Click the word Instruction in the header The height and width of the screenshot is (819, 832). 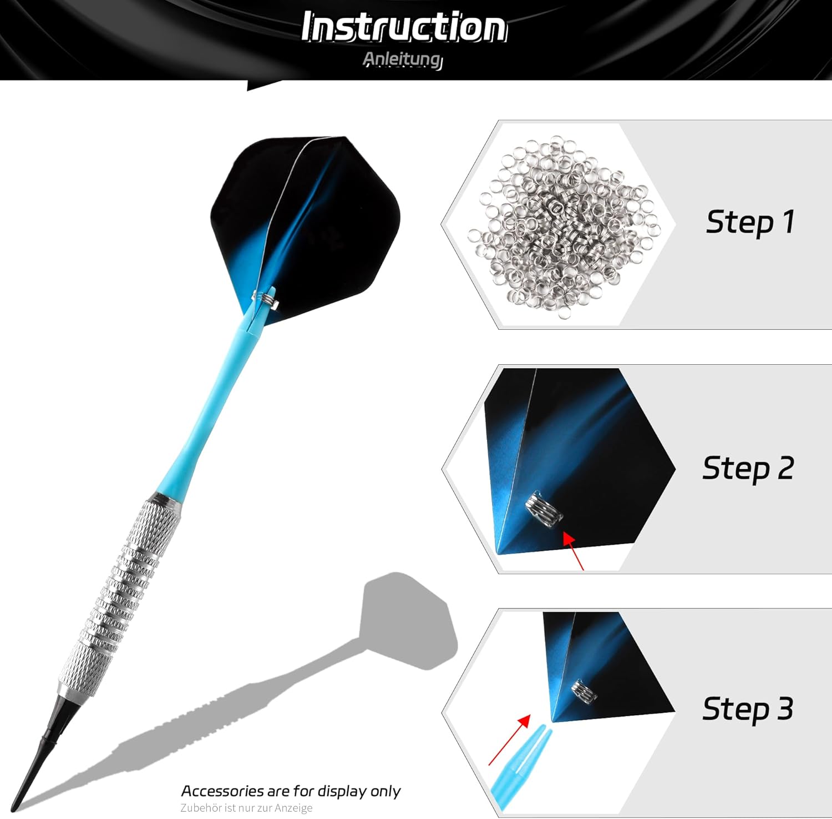[404, 27]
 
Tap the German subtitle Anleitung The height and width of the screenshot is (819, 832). [403, 59]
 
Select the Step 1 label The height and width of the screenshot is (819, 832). [750, 222]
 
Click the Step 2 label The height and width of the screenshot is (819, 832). [748, 469]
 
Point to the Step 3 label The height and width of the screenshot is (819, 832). [748, 709]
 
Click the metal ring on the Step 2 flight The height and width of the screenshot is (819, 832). [544, 509]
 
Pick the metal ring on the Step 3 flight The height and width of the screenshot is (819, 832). [584, 691]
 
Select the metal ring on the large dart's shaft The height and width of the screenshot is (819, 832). [265, 298]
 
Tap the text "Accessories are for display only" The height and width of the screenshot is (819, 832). [291, 791]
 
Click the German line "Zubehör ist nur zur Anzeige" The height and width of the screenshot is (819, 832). [246, 808]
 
